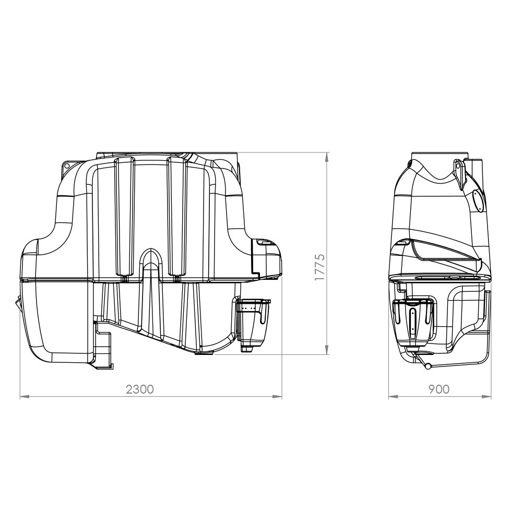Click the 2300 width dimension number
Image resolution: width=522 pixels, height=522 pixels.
coord(140,389)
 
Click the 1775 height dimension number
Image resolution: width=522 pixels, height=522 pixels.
coord(319,267)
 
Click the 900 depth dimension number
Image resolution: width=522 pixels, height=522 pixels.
coord(439,389)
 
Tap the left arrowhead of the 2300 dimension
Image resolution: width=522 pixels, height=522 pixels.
coord(25,397)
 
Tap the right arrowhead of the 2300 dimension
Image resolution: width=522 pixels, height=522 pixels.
coord(277,397)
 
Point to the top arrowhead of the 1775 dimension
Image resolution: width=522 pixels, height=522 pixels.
coord(327,157)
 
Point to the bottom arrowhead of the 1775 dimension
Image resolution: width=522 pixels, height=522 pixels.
coord(327,350)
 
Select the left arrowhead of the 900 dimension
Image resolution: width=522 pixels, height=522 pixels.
coord(393,397)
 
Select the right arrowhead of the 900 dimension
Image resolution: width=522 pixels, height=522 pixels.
coord(487,397)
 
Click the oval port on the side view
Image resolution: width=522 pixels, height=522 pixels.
coord(478,201)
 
